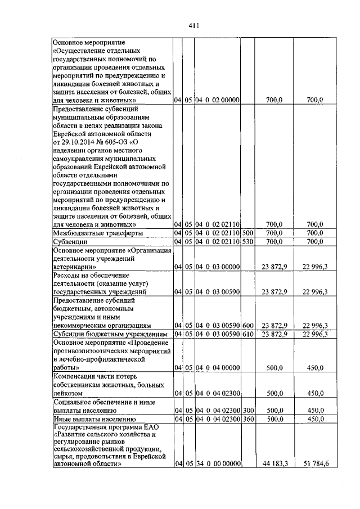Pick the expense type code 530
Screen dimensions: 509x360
(x=247, y=241)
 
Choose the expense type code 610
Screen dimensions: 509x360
(x=247, y=334)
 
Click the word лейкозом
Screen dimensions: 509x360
(x=68, y=393)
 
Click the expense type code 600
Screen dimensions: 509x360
(x=247, y=326)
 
